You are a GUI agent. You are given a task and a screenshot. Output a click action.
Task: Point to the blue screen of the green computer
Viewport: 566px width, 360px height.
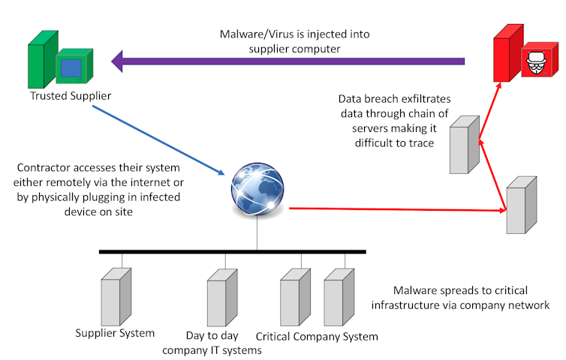click(x=71, y=67)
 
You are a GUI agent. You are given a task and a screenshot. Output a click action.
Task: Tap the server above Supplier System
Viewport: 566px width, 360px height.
click(x=116, y=297)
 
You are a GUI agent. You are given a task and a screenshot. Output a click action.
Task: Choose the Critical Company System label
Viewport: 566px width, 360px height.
click(x=317, y=335)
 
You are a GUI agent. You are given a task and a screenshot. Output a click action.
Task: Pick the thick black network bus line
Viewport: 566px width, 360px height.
click(x=233, y=251)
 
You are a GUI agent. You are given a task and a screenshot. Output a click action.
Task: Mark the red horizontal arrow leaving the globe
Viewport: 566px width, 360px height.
click(x=390, y=210)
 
